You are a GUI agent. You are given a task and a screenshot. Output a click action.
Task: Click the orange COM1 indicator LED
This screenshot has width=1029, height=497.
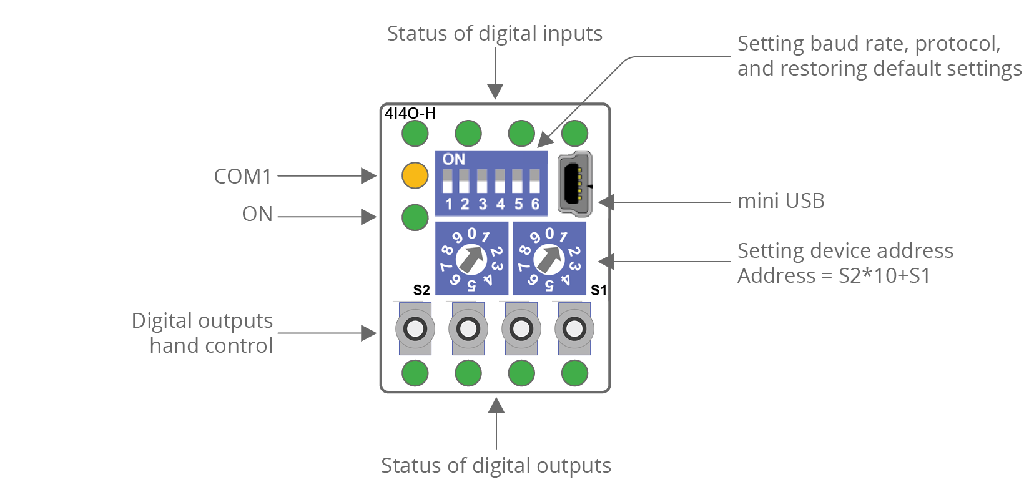[x=415, y=175]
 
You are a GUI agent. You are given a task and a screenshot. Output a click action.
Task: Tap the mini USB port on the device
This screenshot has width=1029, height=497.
[x=574, y=184]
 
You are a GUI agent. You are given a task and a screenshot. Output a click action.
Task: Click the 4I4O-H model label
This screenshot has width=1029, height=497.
[x=410, y=113]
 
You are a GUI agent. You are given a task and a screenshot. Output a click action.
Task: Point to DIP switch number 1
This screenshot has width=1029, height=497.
[x=447, y=182]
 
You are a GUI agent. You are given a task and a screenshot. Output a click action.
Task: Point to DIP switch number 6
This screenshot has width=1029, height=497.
[x=534, y=182]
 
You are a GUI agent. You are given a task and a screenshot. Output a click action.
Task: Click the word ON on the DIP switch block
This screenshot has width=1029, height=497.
[x=454, y=159]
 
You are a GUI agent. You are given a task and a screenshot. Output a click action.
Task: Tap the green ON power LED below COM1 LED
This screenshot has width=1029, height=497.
[x=415, y=217]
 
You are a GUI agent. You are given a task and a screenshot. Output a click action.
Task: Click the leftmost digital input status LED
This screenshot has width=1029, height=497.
[x=415, y=133]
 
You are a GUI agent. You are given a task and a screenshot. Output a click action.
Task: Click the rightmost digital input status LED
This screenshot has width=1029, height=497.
[x=574, y=133]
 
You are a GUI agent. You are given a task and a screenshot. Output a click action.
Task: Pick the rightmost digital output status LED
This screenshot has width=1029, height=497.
[x=574, y=373]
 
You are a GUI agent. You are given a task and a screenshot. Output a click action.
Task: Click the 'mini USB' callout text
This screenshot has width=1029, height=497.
[x=780, y=201]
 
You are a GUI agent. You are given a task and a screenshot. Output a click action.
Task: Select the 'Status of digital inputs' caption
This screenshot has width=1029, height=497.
[x=495, y=33]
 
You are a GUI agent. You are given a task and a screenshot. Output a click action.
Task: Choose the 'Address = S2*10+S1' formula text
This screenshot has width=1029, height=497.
[x=834, y=276]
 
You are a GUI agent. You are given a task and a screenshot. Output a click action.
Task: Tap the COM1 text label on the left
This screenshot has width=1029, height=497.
[x=243, y=177]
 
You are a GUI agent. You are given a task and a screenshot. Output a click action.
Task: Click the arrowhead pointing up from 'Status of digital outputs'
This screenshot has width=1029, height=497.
[x=496, y=406]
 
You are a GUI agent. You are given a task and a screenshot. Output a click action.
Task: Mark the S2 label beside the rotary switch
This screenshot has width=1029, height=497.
[x=421, y=290]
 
